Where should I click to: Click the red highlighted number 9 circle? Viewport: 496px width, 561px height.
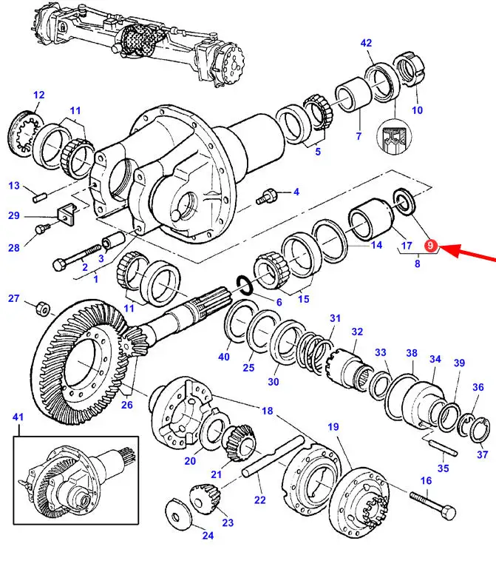pyautogui.click(x=431, y=246)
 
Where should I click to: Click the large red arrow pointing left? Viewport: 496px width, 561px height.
pyautogui.click(x=468, y=252)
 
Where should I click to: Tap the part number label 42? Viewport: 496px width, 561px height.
pyautogui.click(x=366, y=43)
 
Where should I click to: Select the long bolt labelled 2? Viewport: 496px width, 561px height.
pyautogui.click(x=77, y=256)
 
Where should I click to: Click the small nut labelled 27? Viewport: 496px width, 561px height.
pyautogui.click(x=43, y=309)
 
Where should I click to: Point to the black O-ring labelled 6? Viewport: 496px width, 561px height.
pyautogui.click(x=244, y=285)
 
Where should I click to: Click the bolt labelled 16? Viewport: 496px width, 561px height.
pyautogui.click(x=433, y=506)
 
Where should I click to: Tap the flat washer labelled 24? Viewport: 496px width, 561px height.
pyautogui.click(x=179, y=514)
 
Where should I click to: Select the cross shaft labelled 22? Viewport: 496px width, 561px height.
pyautogui.click(x=274, y=457)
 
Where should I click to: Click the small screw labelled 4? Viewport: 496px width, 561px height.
pyautogui.click(x=267, y=196)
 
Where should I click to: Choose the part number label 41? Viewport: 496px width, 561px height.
pyautogui.click(x=18, y=417)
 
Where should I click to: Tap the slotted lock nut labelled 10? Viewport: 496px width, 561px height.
pyautogui.click(x=410, y=69)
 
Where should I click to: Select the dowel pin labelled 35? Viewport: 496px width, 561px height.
pyautogui.click(x=444, y=448)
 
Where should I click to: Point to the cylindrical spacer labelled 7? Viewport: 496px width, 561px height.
pyautogui.click(x=354, y=94)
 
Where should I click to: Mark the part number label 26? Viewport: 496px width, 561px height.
pyautogui.click(x=127, y=405)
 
